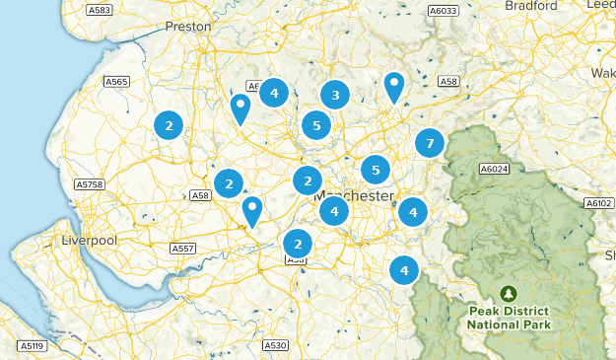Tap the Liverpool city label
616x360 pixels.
tap(89, 241)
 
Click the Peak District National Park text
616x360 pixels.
tap(510, 318)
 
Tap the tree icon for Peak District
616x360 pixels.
tap(509, 294)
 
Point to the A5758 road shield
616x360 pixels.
tap(89, 183)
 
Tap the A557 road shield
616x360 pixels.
tap(182, 249)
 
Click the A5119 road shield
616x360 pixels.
tap(33, 346)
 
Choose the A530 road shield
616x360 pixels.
tap(275, 345)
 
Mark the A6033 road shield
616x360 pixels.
tap(443, 11)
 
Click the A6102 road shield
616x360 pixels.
tap(598, 203)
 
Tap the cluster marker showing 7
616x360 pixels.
tap(429, 143)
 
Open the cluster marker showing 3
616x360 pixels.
tap(335, 95)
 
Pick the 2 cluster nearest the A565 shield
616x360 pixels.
tap(170, 124)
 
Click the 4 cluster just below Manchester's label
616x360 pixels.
tap(334, 210)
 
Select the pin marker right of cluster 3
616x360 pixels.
tap(394, 86)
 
